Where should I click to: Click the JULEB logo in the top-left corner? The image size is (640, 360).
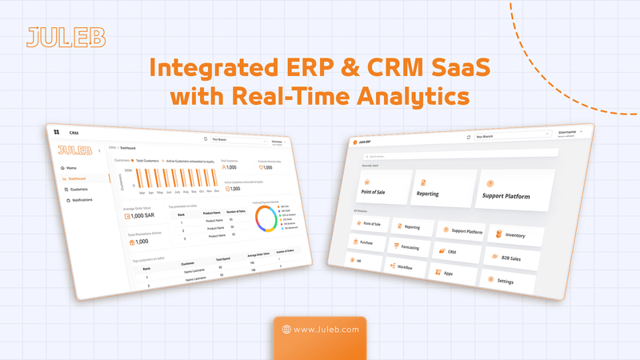pos(55,37)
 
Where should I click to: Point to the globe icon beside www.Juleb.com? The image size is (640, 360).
pos(286,328)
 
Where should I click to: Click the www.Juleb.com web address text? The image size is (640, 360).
pos(325,328)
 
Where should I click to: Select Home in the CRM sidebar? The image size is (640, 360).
pos(71,167)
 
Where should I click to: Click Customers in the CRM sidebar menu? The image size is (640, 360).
pos(78,189)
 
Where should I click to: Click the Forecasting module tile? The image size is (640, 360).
pos(412,247)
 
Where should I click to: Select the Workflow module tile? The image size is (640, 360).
pos(405,267)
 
